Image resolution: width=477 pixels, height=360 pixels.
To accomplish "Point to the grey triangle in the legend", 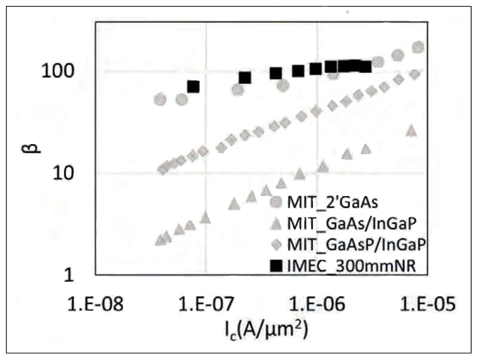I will pyautogui.click(x=275, y=223).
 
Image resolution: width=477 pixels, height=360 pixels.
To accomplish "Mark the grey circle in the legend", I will pyautogui.click(x=275, y=202).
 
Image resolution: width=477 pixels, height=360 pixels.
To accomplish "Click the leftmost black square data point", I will pyautogui.click(x=193, y=86).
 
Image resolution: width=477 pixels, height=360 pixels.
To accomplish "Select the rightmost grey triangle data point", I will pyautogui.click(x=411, y=131).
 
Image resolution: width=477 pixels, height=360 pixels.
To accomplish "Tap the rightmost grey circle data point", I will pyautogui.click(x=418, y=47).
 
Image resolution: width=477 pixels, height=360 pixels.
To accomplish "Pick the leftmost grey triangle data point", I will pyautogui.click(x=160, y=240).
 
